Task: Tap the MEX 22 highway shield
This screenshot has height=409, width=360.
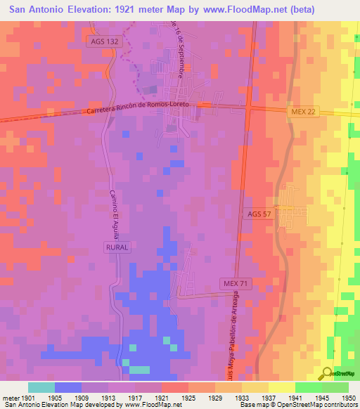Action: coord(304,112)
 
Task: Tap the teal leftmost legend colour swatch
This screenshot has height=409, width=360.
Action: coord(41,387)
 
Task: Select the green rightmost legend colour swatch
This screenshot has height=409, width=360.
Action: coord(335,387)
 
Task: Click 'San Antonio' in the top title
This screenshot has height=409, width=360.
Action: coord(34,9)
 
